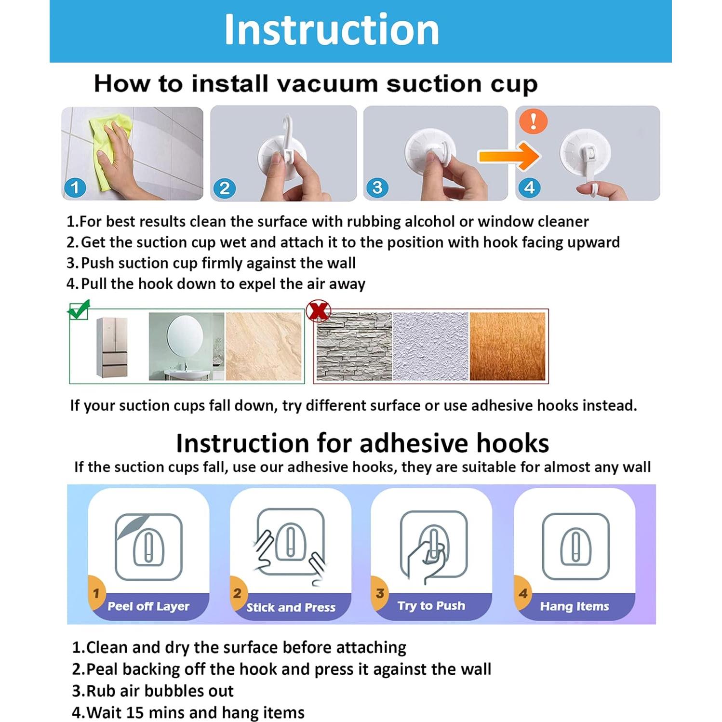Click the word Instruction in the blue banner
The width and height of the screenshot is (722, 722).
pos(332,29)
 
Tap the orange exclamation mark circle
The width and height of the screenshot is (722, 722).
pos(533,120)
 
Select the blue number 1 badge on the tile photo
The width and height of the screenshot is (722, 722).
pos(75,187)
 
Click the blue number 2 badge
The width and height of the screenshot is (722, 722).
pos(225,188)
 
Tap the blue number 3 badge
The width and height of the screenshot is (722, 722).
pos(377,187)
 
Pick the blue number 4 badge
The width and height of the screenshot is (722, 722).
pos(529,187)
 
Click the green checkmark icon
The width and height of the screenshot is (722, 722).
pos(80,309)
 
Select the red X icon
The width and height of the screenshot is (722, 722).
pos(319,311)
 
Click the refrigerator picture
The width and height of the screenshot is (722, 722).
pos(112,348)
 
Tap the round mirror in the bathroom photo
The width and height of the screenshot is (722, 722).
pos(185,337)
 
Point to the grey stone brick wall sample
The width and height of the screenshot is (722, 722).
pos(354,346)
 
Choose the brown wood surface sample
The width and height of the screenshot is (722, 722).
pos(507,346)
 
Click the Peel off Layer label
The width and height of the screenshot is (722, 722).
pos(148,606)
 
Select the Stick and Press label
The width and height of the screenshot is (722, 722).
pos(291,607)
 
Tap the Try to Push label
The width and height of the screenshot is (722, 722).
pos(431,606)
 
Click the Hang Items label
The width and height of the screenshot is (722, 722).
pos(575,606)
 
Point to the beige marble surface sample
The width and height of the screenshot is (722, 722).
pos(264,346)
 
